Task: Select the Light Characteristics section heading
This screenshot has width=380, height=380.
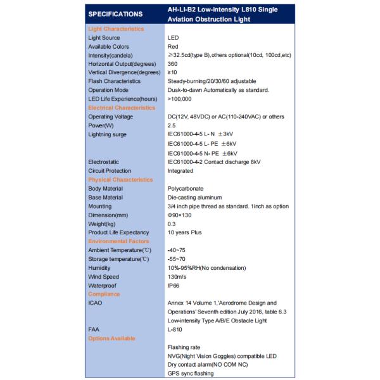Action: [x=116, y=29]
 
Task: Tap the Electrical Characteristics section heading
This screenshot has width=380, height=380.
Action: [x=122, y=108]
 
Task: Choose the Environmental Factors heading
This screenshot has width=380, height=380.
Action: [x=118, y=241]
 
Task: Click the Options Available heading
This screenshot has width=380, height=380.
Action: [x=111, y=338]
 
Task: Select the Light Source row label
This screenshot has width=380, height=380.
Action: [x=104, y=38]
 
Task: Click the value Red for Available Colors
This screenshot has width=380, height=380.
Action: [x=173, y=47]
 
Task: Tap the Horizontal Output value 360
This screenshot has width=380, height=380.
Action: [x=173, y=64]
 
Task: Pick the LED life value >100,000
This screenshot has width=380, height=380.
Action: [x=180, y=99]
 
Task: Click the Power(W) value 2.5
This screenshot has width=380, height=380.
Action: [x=172, y=126]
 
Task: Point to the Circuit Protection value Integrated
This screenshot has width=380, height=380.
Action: [x=180, y=171]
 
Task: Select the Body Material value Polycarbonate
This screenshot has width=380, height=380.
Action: [x=186, y=189]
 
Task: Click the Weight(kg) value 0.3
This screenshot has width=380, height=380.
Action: [x=172, y=224]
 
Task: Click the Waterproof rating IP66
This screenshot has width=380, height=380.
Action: [x=174, y=286]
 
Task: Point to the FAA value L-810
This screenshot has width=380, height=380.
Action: [x=175, y=330]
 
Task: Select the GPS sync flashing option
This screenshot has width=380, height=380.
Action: [x=191, y=374]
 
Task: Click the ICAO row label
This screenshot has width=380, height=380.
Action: [x=95, y=303]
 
